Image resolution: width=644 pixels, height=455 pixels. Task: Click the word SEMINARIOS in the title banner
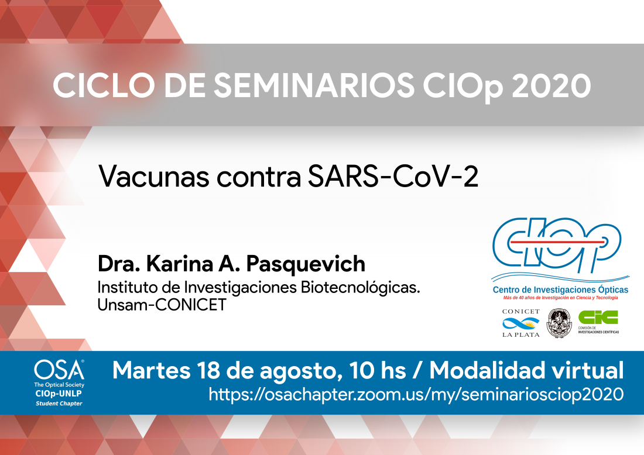click(x=314, y=85)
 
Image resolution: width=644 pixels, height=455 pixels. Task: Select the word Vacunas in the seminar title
click(x=153, y=177)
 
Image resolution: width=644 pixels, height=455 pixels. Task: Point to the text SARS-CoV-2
click(x=393, y=177)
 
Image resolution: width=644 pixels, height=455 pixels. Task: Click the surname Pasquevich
click(x=306, y=264)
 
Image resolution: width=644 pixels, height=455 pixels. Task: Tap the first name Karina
click(x=180, y=263)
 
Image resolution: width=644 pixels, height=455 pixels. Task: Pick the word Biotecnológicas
click(x=360, y=287)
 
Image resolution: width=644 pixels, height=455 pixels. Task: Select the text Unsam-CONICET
click(x=162, y=305)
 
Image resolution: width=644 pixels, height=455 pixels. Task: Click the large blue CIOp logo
click(x=557, y=246)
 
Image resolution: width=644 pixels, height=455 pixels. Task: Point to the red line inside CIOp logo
click(x=557, y=243)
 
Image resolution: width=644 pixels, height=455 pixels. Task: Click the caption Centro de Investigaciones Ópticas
click(x=560, y=289)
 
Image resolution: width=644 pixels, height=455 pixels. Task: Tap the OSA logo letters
click(x=60, y=370)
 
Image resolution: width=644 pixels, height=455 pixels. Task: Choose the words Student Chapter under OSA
click(x=59, y=404)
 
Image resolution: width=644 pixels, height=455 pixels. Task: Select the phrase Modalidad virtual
click(x=526, y=370)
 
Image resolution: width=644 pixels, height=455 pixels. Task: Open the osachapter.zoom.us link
click(x=416, y=395)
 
